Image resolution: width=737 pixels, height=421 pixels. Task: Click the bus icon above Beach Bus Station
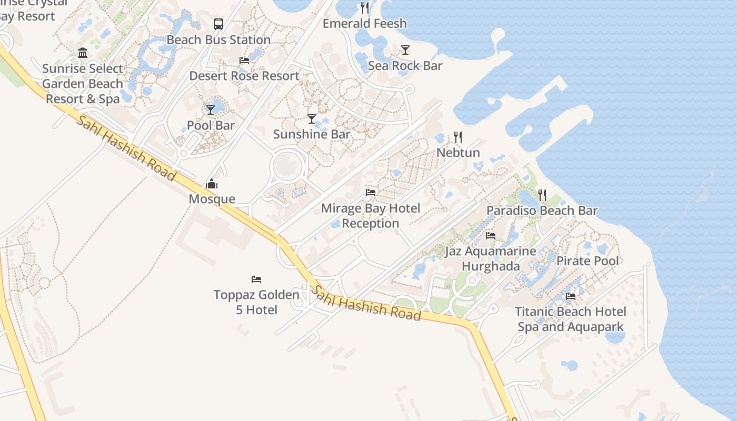[x=218, y=24]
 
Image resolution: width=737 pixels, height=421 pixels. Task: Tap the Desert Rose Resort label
[x=244, y=76]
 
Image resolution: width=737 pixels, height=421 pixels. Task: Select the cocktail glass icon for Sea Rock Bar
[x=405, y=50]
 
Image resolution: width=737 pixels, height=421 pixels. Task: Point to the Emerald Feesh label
[x=364, y=24]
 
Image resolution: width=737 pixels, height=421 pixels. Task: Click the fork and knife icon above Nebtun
[x=458, y=137]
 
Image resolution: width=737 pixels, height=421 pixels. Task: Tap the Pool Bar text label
[x=211, y=125]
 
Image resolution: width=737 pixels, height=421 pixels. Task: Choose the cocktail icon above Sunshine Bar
[x=312, y=119]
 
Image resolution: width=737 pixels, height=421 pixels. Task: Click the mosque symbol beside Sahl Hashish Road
[x=212, y=184]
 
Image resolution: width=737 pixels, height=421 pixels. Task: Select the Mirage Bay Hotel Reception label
[x=371, y=216]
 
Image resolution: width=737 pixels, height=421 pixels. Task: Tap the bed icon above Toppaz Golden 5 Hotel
[x=256, y=279]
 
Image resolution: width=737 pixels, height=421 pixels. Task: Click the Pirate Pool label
[x=587, y=261]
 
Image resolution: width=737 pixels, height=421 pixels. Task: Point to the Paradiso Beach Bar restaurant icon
[x=542, y=195]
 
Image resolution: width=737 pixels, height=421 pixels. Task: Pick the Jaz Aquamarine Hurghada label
[x=491, y=258]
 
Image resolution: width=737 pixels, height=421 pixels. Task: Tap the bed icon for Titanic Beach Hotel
[x=571, y=296]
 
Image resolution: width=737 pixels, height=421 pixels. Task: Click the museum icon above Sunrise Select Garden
[x=83, y=53]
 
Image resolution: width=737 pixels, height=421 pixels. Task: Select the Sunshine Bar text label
[x=312, y=134]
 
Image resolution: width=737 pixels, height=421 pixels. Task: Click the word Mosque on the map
[x=212, y=199]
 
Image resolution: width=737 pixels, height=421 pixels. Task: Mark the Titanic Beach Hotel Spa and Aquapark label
[x=571, y=319]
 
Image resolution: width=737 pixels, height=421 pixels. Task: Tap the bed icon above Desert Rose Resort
[x=244, y=61]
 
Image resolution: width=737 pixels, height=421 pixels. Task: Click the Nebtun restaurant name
[x=458, y=153]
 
